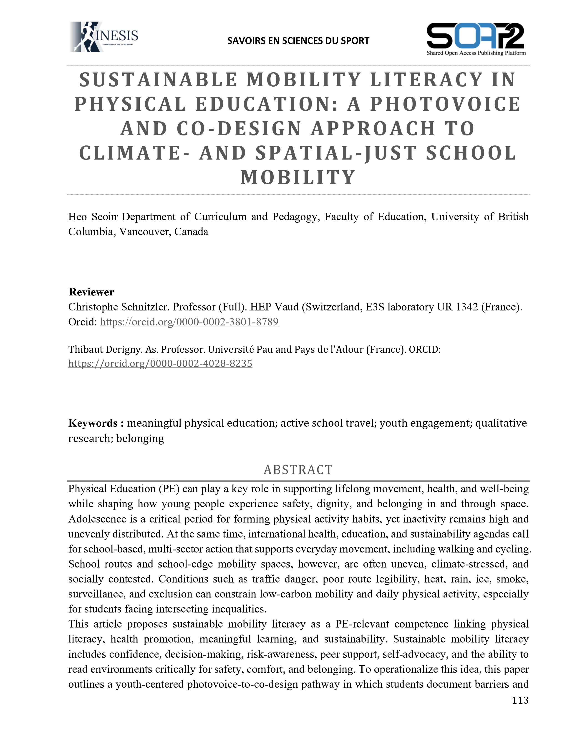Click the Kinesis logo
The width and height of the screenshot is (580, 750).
(104, 37)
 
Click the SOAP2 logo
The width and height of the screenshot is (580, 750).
(476, 38)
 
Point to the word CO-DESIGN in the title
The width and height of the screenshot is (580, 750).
(239, 129)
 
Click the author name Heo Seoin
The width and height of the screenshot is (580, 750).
(92, 217)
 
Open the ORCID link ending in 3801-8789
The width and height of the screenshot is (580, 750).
(189, 322)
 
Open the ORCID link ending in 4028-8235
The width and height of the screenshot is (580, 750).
(160, 363)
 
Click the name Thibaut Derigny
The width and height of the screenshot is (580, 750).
(105, 349)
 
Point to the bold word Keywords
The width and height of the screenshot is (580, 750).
(93, 423)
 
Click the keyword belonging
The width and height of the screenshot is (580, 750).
(140, 439)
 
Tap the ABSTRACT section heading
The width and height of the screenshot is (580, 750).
(298, 470)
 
